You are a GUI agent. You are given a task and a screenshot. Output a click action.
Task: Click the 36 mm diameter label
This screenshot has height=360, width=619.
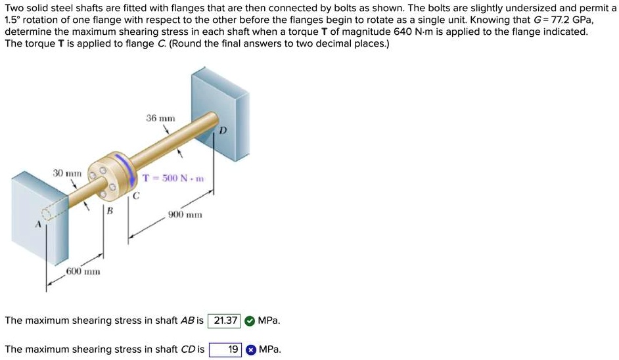(x=160, y=118)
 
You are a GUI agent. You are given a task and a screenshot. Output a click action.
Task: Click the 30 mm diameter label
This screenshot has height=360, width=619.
(x=67, y=173)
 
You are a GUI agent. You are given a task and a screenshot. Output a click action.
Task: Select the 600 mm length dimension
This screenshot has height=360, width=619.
(x=82, y=271)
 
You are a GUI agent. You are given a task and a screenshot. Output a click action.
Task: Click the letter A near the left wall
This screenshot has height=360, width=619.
(x=38, y=225)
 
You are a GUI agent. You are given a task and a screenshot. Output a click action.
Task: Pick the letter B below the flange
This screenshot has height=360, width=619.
(x=110, y=211)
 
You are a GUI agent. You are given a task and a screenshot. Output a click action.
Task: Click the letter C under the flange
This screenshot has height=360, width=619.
(x=136, y=195)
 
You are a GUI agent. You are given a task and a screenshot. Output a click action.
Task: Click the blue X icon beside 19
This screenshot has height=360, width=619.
(x=250, y=349)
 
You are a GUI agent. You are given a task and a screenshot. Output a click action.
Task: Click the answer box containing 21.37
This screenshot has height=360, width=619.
(x=224, y=321)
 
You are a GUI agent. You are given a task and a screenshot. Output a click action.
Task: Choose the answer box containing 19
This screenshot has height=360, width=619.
(x=225, y=349)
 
